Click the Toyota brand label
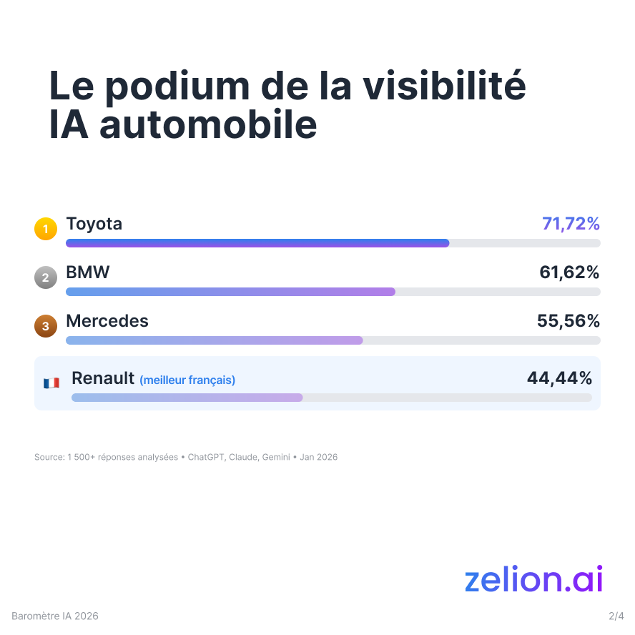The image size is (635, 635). pyautogui.click(x=94, y=224)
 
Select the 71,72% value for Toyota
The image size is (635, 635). pyautogui.click(x=571, y=224)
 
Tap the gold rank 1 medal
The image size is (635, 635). pyautogui.click(x=45, y=230)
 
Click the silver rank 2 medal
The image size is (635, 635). pyautogui.click(x=45, y=278)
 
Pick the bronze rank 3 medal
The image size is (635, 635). pyautogui.click(x=45, y=327)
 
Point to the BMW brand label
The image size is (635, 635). pyautogui.click(x=88, y=272)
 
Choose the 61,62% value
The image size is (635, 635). pyautogui.click(x=569, y=272)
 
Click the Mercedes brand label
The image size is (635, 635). pyautogui.click(x=107, y=321)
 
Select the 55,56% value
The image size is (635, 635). pyautogui.click(x=568, y=321)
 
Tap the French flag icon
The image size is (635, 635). pyautogui.click(x=51, y=383)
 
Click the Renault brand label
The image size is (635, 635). pyautogui.click(x=103, y=378)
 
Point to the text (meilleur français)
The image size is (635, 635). pyautogui.click(x=187, y=380)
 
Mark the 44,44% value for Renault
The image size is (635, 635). pyautogui.click(x=559, y=378)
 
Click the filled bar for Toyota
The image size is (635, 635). pyautogui.click(x=257, y=243)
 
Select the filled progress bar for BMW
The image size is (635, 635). pyautogui.click(x=230, y=292)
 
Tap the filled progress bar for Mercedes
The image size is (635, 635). pyautogui.click(x=215, y=340)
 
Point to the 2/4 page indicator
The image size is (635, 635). pyautogui.click(x=616, y=616)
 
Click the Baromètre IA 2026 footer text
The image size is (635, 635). pyautogui.click(x=55, y=616)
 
